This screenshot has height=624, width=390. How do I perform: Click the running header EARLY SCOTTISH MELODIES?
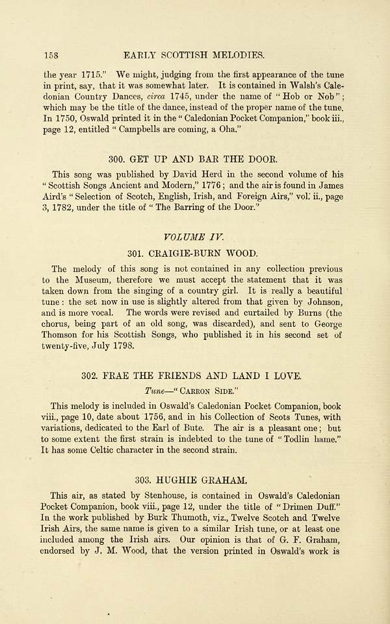tap(198, 55)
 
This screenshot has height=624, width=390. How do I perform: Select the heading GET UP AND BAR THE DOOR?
tap(195, 157)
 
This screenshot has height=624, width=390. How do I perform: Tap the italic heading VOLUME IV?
tap(195, 235)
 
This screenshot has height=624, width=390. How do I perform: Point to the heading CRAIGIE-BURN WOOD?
tap(195, 252)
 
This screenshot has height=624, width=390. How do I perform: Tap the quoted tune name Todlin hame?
tap(313, 439)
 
